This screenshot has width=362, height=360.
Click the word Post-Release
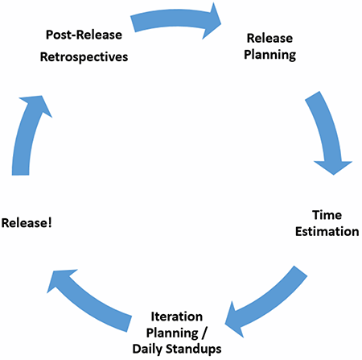[84, 35]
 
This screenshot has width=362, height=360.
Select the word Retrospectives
[84, 57]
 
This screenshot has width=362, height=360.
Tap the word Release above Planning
[269, 38]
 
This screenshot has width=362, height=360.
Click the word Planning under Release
[270, 56]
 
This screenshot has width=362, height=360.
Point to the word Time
[327, 215]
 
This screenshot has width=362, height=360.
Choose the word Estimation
[327, 231]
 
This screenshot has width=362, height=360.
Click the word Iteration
[177, 317]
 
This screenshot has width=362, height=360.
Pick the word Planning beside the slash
[172, 333]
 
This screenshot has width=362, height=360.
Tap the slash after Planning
[204, 333]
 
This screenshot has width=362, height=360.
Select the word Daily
[147, 350]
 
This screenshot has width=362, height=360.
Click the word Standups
[194, 350]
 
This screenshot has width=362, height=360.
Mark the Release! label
[27, 223]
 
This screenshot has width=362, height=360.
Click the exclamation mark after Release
[50, 223]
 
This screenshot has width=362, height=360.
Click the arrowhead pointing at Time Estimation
[333, 167]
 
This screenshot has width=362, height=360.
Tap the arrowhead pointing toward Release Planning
[212, 22]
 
